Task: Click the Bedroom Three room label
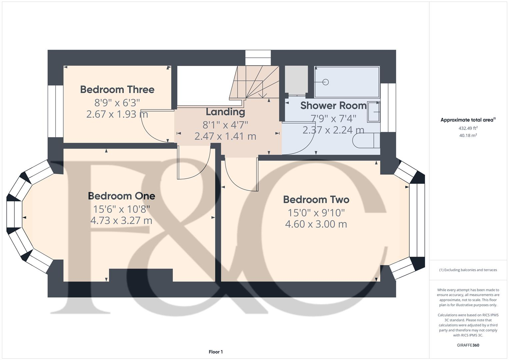pyautogui.click(x=117, y=89)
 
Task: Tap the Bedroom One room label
pyautogui.click(x=121, y=196)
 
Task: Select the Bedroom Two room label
pyautogui.click(x=316, y=199)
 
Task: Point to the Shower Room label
pyautogui.click(x=333, y=105)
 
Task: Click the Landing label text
pyautogui.click(x=225, y=112)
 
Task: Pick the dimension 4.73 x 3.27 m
pyautogui.click(x=121, y=220)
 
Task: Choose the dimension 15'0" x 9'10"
pyautogui.click(x=316, y=212)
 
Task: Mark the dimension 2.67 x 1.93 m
pyautogui.click(x=117, y=114)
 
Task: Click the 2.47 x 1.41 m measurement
pyautogui.click(x=225, y=136)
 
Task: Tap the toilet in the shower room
pyautogui.click(x=366, y=141)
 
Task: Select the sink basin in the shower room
pyautogui.click(x=373, y=112)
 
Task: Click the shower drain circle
pyautogui.click(x=326, y=82)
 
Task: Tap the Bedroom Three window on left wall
pyautogui.click(x=55, y=111)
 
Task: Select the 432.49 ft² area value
pyautogui.click(x=468, y=128)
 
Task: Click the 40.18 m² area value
pyautogui.click(x=468, y=135)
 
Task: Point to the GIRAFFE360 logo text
pyautogui.click(x=468, y=345)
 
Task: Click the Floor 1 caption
pyautogui.click(x=216, y=352)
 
